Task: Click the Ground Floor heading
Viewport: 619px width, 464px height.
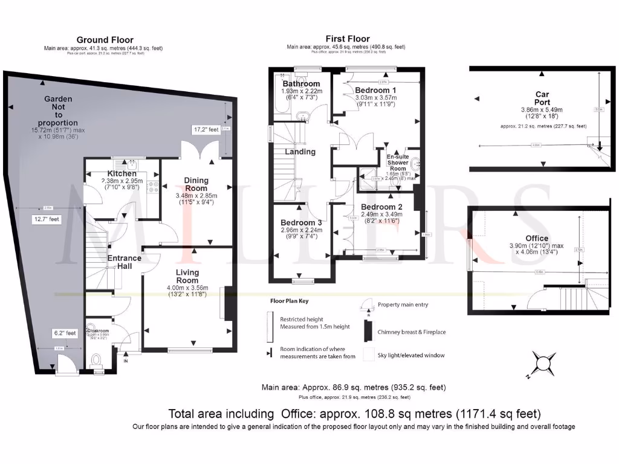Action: pyautogui.click(x=103, y=40)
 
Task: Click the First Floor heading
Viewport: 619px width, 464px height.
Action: pyautogui.click(x=345, y=39)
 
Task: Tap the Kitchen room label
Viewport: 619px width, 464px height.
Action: pyautogui.click(x=122, y=174)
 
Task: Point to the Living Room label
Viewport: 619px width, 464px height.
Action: pyautogui.click(x=187, y=277)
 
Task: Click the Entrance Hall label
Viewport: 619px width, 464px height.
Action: pyautogui.click(x=124, y=262)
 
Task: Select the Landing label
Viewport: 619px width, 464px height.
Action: pyautogui.click(x=300, y=152)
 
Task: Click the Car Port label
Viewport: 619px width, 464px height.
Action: pyautogui.click(x=542, y=98)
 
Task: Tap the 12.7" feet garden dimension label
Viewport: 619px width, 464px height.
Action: pyautogui.click(x=46, y=220)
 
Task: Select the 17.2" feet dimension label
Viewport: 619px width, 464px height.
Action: pyautogui.click(x=203, y=130)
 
